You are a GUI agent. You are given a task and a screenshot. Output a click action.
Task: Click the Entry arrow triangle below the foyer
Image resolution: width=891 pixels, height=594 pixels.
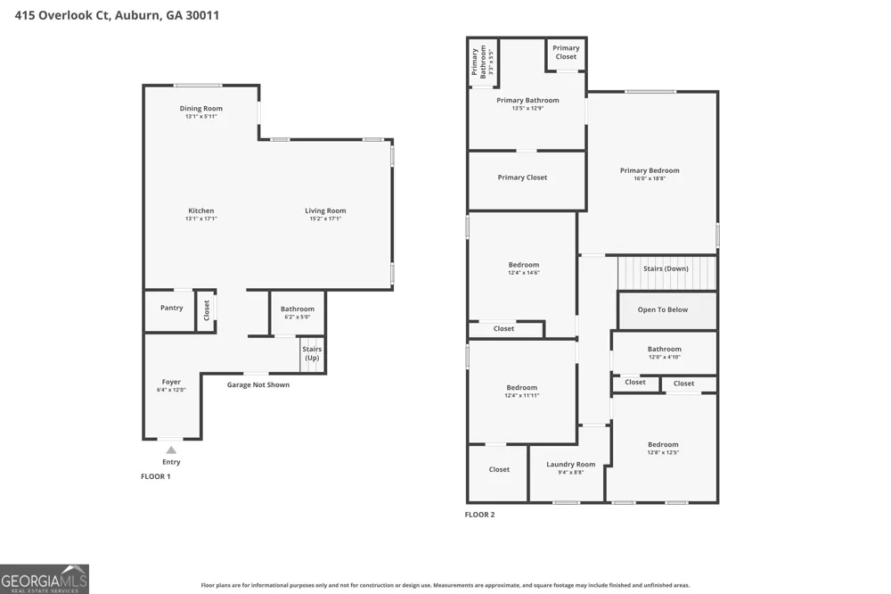pyautogui.click(x=171, y=450)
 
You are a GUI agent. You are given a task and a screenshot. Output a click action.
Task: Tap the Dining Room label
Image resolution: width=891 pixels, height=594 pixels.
pyautogui.click(x=201, y=108)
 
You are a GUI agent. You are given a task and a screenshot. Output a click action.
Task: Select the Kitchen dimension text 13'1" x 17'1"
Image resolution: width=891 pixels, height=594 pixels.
pyautogui.click(x=201, y=219)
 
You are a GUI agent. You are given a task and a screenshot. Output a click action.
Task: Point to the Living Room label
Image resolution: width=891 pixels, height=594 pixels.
pyautogui.click(x=325, y=210)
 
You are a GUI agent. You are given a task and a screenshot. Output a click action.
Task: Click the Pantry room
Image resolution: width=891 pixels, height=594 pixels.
pyautogui.click(x=170, y=311)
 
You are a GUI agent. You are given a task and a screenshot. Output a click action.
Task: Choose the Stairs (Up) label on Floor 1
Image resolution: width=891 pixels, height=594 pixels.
pyautogui.click(x=312, y=353)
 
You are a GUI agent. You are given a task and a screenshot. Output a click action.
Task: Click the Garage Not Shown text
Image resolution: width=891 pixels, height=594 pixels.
pyautogui.click(x=258, y=384)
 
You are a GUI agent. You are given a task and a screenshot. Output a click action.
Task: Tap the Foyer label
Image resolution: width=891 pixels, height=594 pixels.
pyautogui.click(x=171, y=382)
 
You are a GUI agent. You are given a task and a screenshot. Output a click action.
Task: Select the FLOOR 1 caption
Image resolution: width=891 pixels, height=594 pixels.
pyautogui.click(x=156, y=476)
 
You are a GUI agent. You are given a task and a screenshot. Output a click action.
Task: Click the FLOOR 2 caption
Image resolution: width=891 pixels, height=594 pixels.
pyautogui.click(x=479, y=515)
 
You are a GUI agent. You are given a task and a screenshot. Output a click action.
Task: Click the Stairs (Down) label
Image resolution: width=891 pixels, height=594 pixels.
pyautogui.click(x=666, y=268)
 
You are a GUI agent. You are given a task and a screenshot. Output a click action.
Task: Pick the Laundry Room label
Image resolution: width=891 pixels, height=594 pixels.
pyautogui.click(x=571, y=465)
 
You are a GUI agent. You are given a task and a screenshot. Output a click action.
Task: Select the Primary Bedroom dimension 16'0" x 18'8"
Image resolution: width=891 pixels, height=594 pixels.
pyautogui.click(x=650, y=178)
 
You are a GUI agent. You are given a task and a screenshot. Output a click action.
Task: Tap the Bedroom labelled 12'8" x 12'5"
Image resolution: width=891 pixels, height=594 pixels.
pyautogui.click(x=663, y=444)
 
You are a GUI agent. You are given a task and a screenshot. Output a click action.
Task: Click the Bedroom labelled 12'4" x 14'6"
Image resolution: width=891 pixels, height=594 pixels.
pyautogui.click(x=524, y=265)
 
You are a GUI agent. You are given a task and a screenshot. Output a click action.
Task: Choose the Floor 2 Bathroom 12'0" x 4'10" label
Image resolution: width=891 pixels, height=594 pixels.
pyautogui.click(x=665, y=349)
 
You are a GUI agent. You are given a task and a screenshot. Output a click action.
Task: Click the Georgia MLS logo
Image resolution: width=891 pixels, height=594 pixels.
pyautogui.click(x=45, y=579)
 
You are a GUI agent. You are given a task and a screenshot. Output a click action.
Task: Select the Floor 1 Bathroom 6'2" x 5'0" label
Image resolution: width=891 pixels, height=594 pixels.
pyautogui.click(x=298, y=309)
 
